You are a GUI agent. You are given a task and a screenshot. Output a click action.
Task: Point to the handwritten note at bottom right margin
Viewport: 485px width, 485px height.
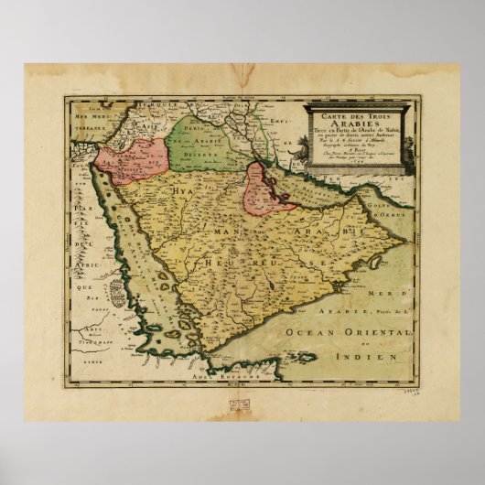pos(439,390)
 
